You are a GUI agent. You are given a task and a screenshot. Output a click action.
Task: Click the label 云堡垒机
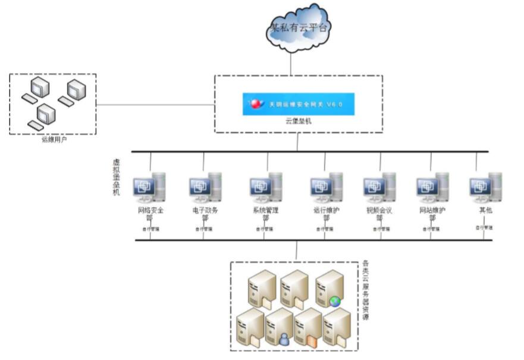298,121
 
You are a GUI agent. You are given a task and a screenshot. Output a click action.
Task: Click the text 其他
485,211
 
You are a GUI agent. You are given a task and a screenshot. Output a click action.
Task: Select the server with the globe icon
330,289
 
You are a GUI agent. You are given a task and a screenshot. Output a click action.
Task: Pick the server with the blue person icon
279,328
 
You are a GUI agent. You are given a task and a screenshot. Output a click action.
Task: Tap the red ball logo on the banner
256,104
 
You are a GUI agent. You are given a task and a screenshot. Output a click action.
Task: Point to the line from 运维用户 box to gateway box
155,105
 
